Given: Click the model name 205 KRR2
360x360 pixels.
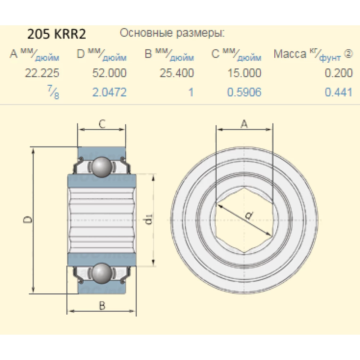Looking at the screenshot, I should click(57, 34).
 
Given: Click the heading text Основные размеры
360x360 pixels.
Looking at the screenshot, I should click(172, 33).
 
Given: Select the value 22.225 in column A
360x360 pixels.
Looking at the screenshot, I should click(42, 73).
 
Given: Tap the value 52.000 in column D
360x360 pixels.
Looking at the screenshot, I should click(109, 73).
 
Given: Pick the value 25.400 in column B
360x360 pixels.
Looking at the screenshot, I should click(176, 73).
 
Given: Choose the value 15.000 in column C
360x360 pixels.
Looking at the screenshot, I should click(244, 73).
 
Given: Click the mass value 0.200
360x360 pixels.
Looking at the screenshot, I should click(338, 73).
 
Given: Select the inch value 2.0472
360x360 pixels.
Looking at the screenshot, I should click(109, 93).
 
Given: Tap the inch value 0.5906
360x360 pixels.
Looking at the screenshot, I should click(244, 93).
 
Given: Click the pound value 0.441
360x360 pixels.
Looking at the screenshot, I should click(338, 93).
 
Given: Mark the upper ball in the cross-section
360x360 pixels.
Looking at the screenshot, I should click(101, 167).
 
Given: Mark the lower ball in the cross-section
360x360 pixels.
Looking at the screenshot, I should click(101, 273).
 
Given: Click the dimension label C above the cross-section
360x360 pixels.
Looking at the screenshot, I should click(102, 124).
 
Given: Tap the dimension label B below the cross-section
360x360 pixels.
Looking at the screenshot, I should click(102, 306).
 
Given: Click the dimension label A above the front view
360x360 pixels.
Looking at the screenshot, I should click(244, 124).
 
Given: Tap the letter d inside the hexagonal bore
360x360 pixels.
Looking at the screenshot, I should click(248, 216).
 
